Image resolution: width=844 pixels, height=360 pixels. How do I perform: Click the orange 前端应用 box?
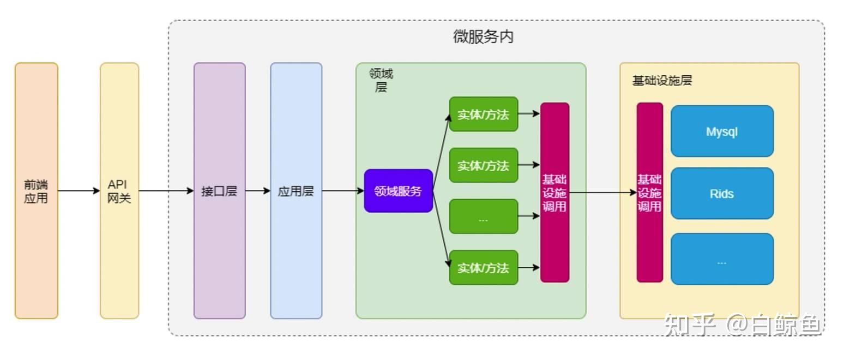point(36,190)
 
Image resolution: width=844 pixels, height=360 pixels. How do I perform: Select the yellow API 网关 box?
point(119,190)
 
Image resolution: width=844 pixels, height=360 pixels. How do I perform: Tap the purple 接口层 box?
point(219,190)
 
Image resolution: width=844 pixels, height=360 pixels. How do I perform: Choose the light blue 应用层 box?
point(296,190)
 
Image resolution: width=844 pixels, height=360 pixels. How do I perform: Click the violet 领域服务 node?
point(398,191)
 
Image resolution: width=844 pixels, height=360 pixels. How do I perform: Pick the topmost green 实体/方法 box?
point(483,114)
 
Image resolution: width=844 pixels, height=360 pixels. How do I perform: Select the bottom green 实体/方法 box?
point(483,267)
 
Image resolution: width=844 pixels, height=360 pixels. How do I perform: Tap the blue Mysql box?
point(722,131)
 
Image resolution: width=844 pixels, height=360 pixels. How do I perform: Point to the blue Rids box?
point(722,194)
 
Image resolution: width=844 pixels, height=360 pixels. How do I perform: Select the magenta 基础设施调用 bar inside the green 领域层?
point(554,192)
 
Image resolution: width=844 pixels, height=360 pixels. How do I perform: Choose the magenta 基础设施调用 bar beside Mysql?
point(649,192)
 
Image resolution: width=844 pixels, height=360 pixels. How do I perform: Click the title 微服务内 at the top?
point(483,37)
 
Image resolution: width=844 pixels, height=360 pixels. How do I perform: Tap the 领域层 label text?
point(381,80)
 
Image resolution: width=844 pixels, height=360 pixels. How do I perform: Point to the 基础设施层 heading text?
point(662,81)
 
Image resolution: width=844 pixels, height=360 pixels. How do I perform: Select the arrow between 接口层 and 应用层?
point(258,191)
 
